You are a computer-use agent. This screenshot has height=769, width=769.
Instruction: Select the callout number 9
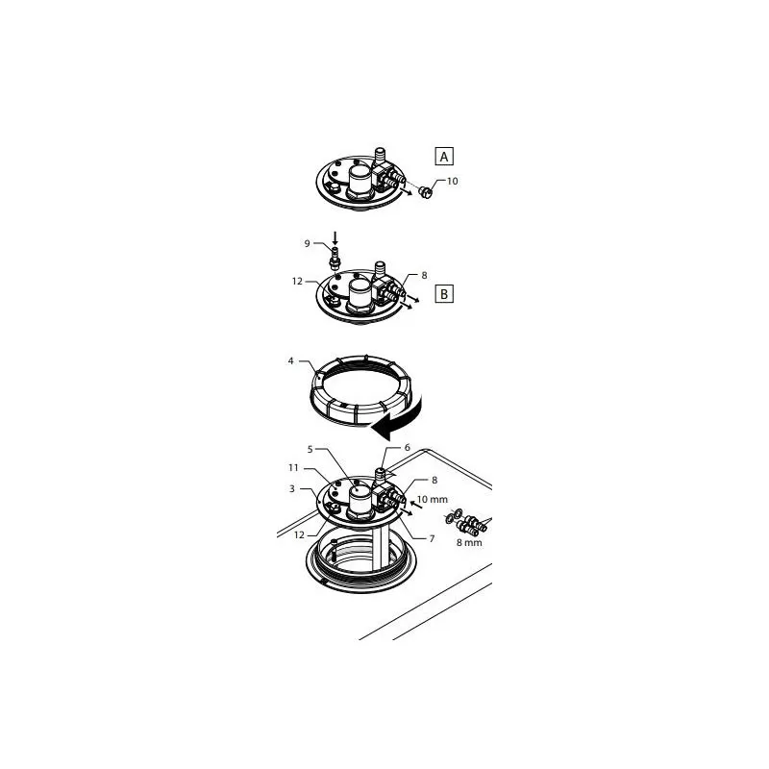308,243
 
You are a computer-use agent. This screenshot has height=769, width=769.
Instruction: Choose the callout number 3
292,489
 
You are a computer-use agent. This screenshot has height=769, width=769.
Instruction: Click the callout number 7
432,538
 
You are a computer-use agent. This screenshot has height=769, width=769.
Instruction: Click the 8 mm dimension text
469,543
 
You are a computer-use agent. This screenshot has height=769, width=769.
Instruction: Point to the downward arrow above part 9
334,236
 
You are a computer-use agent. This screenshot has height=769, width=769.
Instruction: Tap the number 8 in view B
424,275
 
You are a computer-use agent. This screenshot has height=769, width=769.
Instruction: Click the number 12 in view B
298,282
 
